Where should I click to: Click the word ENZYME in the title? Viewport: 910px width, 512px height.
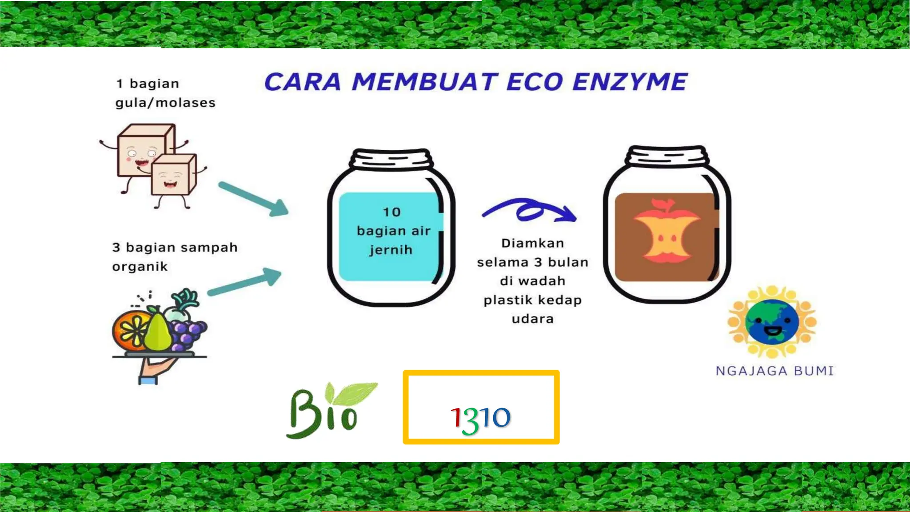coord(630,82)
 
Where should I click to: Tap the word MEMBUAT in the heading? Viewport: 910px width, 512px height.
coord(424,82)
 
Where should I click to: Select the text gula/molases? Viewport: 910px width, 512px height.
coord(165,103)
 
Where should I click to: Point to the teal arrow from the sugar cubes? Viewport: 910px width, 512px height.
coord(254,198)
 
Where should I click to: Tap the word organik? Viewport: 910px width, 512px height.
coord(140,267)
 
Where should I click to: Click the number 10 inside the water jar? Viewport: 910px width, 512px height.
coord(392,212)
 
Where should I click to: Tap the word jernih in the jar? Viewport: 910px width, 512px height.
coord(391,250)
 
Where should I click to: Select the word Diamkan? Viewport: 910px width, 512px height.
coord(533,243)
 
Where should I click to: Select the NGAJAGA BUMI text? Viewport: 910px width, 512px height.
coord(774,371)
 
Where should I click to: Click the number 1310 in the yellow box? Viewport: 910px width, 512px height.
coord(481,418)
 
